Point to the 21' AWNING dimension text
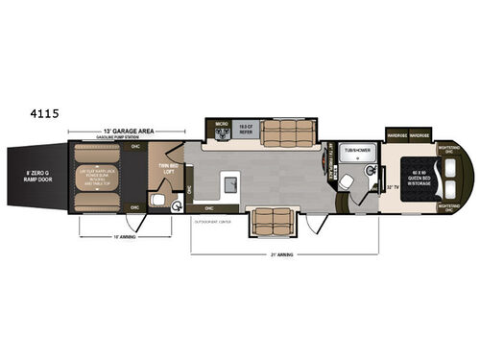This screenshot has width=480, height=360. [x=284, y=257]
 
